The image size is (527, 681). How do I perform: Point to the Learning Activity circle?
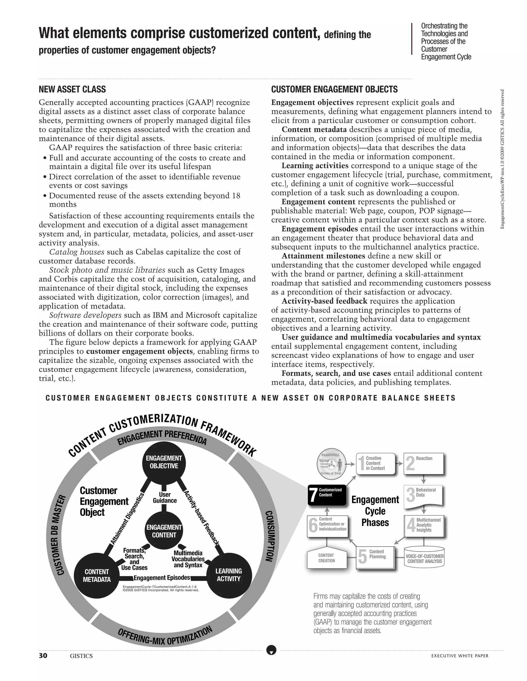point(229,575)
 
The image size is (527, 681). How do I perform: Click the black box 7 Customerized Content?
point(327,495)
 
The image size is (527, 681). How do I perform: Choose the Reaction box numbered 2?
point(423,464)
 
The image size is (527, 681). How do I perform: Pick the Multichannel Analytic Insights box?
point(424,526)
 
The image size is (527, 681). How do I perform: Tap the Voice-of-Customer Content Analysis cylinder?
point(424,558)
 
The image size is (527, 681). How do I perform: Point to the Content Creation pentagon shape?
point(327,558)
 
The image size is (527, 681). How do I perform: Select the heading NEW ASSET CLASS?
point(72,89)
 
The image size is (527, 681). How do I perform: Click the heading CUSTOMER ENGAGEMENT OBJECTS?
point(334,89)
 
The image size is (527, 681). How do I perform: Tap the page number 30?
point(43,656)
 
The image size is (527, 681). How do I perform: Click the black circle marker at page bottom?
point(271,650)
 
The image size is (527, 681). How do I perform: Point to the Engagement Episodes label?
point(162,578)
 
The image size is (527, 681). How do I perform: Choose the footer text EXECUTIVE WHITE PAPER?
point(460,656)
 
